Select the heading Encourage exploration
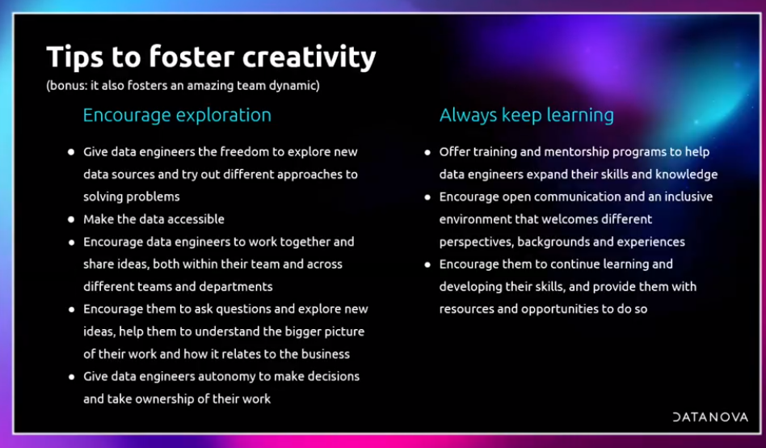177,116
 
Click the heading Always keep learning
526,116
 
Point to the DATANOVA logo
710,417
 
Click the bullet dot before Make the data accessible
71,220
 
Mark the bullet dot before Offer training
427,153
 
